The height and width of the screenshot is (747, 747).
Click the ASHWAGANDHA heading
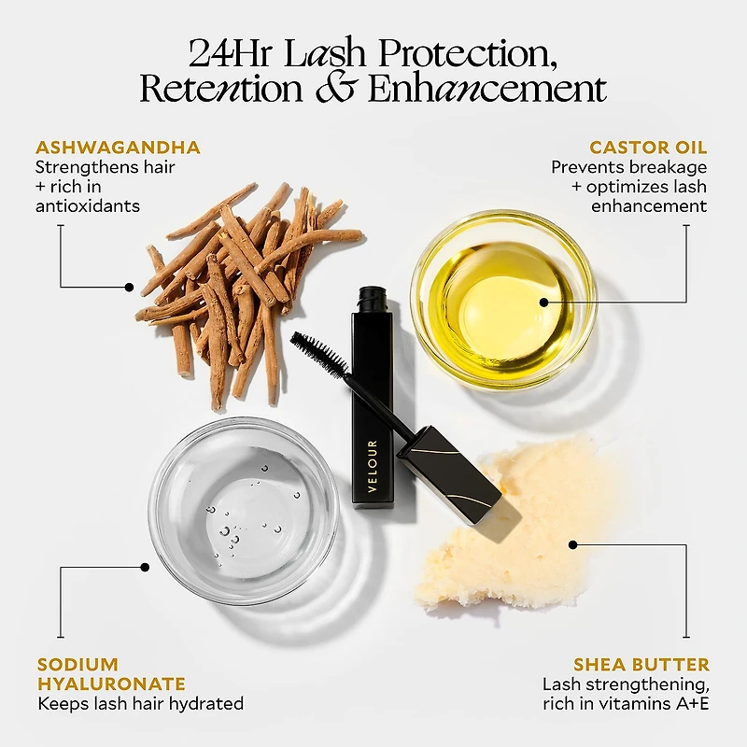pyautogui.click(x=118, y=148)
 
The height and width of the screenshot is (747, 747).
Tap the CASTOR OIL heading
pyautogui.click(x=648, y=148)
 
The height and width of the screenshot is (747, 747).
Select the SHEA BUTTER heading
pyautogui.click(x=641, y=664)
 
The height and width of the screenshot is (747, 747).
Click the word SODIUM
pyautogui.click(x=78, y=664)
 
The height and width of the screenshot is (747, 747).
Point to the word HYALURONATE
pyautogui.click(x=111, y=684)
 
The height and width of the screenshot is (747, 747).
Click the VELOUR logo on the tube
pyautogui.click(x=373, y=466)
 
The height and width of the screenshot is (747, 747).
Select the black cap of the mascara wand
pyautogui.click(x=449, y=475)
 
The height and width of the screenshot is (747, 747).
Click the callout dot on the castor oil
pyautogui.click(x=544, y=302)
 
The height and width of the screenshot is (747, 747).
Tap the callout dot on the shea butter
pyautogui.click(x=573, y=544)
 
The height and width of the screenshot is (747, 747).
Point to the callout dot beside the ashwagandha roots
pyautogui.click(x=129, y=288)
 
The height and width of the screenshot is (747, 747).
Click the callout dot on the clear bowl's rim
pyautogui.click(x=145, y=567)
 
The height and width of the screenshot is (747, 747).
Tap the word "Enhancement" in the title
pyautogui.click(x=487, y=89)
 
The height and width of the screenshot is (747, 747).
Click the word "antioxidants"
pyautogui.click(x=88, y=205)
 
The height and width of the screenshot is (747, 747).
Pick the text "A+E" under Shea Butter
pyautogui.click(x=692, y=703)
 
